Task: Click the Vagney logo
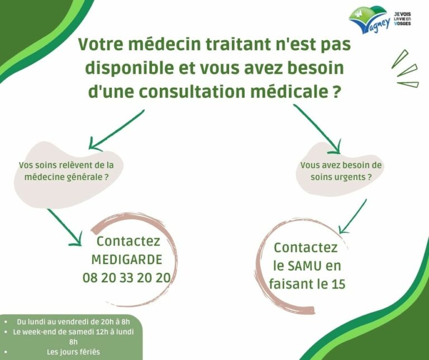tap(369, 20)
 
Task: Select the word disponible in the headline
tap(130, 68)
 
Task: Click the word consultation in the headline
tap(192, 92)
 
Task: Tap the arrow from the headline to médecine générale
tap(116, 130)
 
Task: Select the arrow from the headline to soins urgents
tap(317, 129)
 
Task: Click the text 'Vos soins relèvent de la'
tap(66, 165)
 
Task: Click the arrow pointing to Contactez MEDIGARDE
tap(65, 227)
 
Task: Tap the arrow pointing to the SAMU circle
tap(352, 216)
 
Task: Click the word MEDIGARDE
tap(127, 259)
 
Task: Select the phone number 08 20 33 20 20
tap(127, 278)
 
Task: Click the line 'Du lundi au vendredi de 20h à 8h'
tap(73, 321)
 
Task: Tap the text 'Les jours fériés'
tap(73, 352)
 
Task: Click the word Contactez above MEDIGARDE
tap(128, 241)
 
